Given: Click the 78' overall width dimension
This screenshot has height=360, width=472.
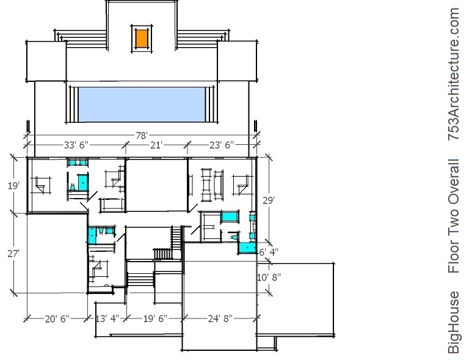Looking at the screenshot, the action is (141, 136).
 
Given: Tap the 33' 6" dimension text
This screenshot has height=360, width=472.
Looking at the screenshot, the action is (76, 145).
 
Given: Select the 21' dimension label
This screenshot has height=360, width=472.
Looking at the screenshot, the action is (156, 145).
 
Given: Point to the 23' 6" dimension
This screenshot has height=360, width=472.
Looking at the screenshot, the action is (222, 145).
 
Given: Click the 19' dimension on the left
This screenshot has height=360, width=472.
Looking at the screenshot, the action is (14, 186).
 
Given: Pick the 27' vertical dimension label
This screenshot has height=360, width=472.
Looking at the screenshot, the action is (13, 254).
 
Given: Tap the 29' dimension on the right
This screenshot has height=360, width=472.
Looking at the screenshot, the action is (269, 200).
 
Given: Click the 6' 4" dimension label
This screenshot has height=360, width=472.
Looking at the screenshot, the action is (269, 252).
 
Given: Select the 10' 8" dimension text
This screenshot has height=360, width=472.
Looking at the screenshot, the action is (269, 277).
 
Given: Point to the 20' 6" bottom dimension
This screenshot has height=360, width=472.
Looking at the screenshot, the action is (57, 318).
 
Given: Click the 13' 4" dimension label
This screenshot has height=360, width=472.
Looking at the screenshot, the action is (107, 318).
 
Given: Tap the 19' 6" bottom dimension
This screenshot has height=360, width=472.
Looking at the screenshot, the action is (155, 318).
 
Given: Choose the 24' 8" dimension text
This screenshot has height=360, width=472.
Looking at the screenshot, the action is (220, 318).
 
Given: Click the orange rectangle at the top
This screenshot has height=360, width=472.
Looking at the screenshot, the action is (142, 39).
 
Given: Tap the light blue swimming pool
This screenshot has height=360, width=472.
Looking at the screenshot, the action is (142, 105).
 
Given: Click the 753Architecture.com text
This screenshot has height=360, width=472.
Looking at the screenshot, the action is (454, 74).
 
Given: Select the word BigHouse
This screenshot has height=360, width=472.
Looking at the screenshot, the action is (454, 322).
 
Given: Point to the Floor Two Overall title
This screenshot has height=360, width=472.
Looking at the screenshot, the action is (454, 216).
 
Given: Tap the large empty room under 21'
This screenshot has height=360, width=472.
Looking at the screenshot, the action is (156, 185).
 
